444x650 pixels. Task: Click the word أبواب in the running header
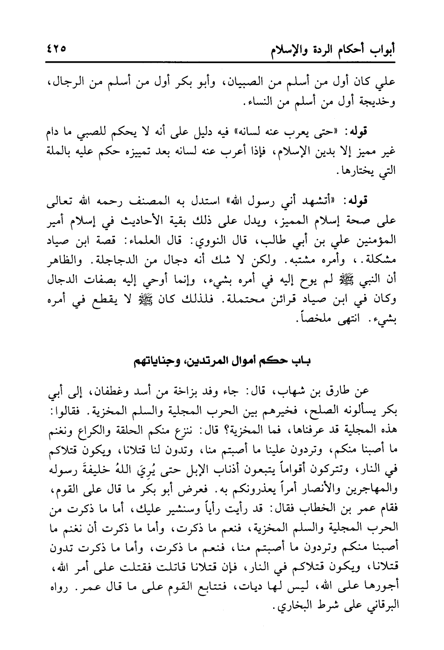[x=381, y=49]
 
